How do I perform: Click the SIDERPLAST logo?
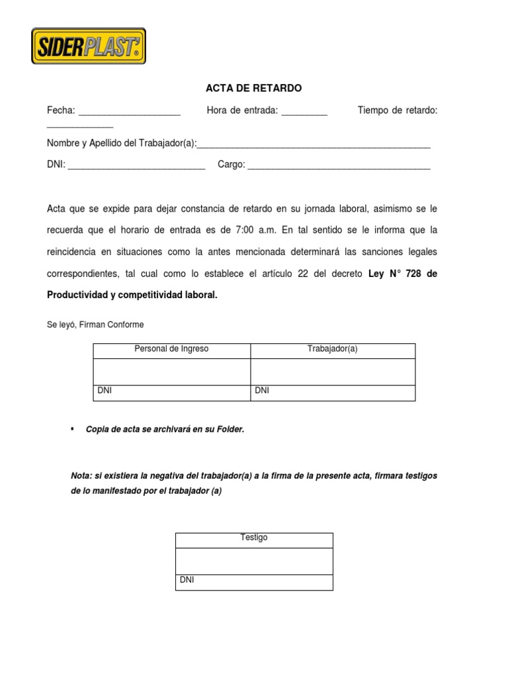pyautogui.click(x=89, y=45)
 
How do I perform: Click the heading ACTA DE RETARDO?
pyautogui.click(x=253, y=88)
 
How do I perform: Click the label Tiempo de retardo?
pyautogui.click(x=397, y=110)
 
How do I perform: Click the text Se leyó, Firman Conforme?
pyautogui.click(x=95, y=325)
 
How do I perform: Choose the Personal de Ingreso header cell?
pyautogui.click(x=171, y=349)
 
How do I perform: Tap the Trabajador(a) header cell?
pyautogui.click(x=333, y=349)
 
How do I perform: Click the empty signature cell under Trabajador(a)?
pyautogui.click(x=333, y=372)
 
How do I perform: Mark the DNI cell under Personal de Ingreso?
pyautogui.click(x=171, y=392)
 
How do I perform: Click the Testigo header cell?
pyautogui.click(x=254, y=538)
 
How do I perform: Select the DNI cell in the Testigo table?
pyautogui.click(x=254, y=581)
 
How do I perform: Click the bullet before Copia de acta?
pyautogui.click(x=71, y=429)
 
